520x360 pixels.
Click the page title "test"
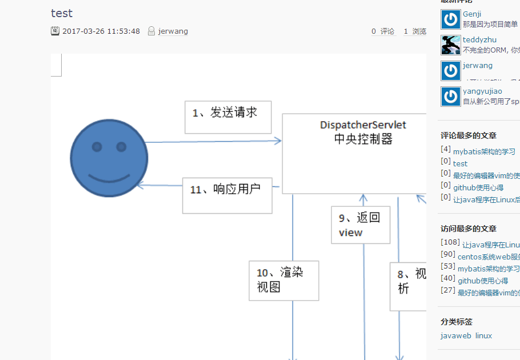(x=62, y=13)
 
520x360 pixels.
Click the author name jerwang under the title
(x=173, y=31)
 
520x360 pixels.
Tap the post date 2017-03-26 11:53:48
(x=101, y=31)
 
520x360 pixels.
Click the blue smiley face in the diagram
(x=109, y=158)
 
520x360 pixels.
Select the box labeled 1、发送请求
(x=228, y=117)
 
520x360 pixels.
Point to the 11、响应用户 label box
(x=227, y=195)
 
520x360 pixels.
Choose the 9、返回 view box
(x=361, y=225)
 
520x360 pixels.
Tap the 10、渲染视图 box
(x=283, y=281)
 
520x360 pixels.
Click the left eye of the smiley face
(x=97, y=147)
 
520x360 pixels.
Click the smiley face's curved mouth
(x=109, y=175)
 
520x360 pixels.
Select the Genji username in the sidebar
(x=472, y=14)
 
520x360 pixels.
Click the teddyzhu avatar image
(x=451, y=45)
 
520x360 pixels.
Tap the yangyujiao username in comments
(x=482, y=91)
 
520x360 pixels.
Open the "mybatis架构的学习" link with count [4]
(x=484, y=152)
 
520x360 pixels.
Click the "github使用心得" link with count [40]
(x=483, y=281)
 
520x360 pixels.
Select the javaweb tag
(x=456, y=335)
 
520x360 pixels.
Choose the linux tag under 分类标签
(x=483, y=335)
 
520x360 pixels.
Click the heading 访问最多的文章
(x=469, y=229)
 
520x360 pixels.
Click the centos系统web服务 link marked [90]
(x=489, y=257)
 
